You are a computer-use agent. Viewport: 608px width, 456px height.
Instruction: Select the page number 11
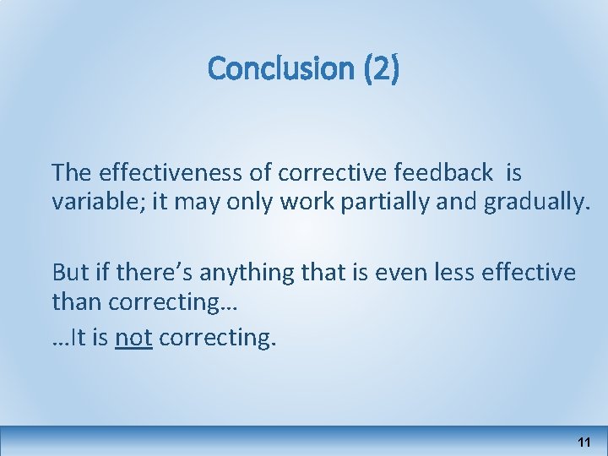[584, 442]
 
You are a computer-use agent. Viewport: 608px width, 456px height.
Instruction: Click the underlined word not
[133, 338]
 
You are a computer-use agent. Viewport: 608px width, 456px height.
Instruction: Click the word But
[68, 272]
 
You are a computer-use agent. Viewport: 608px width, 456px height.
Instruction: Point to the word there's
[149, 272]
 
